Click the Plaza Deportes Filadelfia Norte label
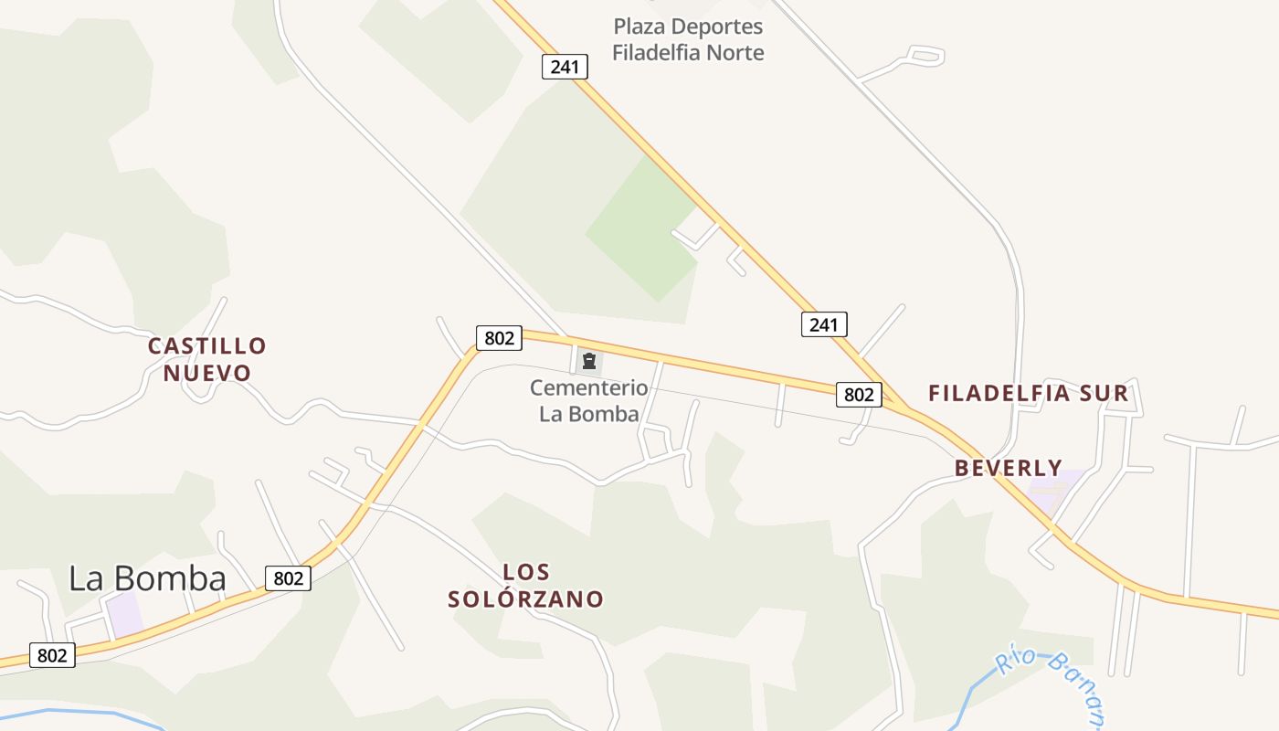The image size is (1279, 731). pos(688,39)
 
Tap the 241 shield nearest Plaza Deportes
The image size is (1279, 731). pos(565,67)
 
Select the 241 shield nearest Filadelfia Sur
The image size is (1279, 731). pos(824,324)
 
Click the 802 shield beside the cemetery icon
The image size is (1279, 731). pos(499,338)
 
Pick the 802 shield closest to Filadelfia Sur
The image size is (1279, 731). pos(859,395)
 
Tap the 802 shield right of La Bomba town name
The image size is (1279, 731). pos(288,577)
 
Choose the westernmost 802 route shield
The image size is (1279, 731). pos(52,655)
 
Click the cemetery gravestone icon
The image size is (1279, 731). pos(589,361)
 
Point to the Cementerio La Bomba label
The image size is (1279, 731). pos(589,401)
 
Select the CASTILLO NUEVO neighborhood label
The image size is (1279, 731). pos(207,359)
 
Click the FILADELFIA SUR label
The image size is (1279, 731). pos(1029,394)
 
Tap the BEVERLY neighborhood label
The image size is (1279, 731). pos(1009,468)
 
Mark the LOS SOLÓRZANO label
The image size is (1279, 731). pos(526,586)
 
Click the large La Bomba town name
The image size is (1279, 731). pos(148,578)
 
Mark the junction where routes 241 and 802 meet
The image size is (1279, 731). pos(904,408)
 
